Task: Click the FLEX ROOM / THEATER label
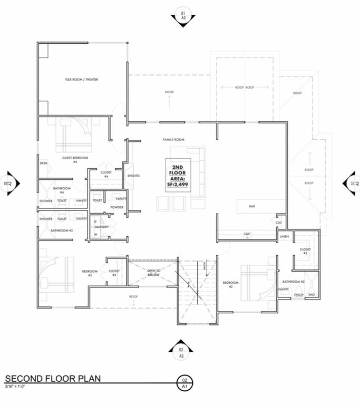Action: click(81, 80)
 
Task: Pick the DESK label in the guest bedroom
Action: click(44, 163)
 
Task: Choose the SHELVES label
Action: click(133, 176)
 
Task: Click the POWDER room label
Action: click(116, 207)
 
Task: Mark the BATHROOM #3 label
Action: click(61, 230)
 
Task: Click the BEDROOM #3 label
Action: click(87, 273)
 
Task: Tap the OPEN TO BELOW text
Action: click(153, 273)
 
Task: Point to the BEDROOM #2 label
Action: click(231, 285)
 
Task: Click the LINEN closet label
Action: click(284, 237)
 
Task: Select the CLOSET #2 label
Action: click(304, 251)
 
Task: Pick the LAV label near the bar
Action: click(246, 233)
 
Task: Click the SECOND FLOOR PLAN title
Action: click(53, 379)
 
